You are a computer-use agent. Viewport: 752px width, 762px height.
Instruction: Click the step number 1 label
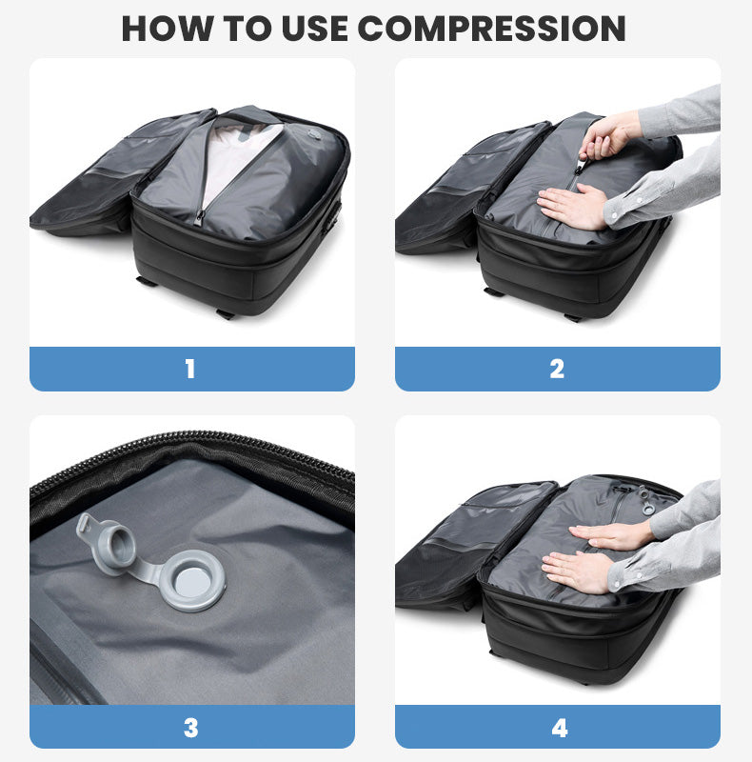(190, 369)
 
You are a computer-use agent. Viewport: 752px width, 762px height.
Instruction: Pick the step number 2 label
(557, 369)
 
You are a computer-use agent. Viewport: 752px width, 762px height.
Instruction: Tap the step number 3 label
(190, 729)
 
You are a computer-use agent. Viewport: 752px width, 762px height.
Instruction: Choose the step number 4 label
(559, 729)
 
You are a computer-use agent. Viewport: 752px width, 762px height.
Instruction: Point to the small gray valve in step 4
(647, 501)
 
